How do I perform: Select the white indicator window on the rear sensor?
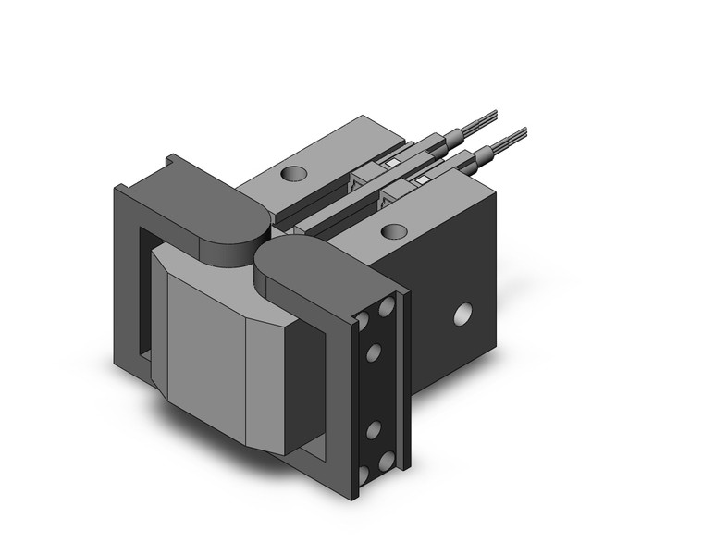pos(391,164)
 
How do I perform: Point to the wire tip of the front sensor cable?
pos(524,130)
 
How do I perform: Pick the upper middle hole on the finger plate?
pos(375,353)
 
